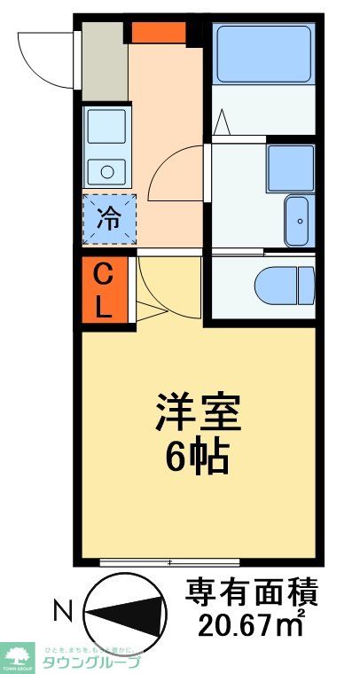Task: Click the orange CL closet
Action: click(104, 291)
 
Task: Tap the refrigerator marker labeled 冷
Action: click(108, 218)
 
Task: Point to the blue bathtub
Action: click(262, 53)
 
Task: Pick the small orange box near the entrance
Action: click(159, 32)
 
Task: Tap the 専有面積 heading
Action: click(251, 592)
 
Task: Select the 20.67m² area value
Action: click(251, 624)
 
